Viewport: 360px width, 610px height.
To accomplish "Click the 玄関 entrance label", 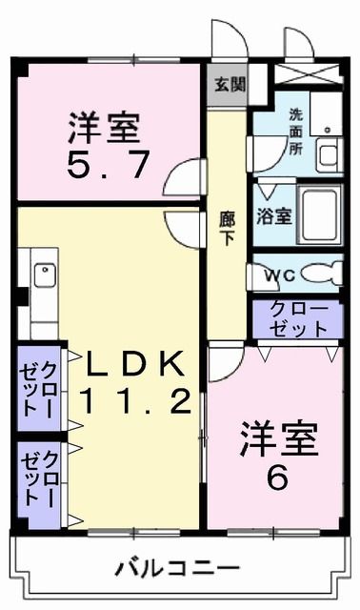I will coord(230,84).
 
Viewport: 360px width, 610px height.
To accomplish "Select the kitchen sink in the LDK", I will coord(44,276).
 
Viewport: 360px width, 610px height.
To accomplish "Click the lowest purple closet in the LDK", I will coord(39,486).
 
